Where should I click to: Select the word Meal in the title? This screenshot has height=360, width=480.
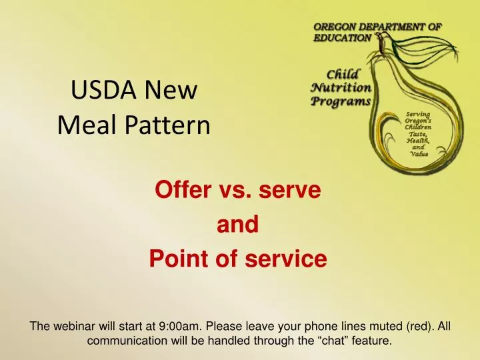tap(84, 124)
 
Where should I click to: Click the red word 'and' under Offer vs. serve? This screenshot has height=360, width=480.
tap(238, 225)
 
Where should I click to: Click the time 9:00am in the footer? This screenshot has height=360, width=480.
tap(181, 327)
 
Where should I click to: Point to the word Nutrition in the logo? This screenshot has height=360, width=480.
tap(341, 87)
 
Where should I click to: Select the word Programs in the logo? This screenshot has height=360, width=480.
tap(341, 101)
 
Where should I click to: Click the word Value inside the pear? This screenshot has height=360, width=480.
tap(419, 154)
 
